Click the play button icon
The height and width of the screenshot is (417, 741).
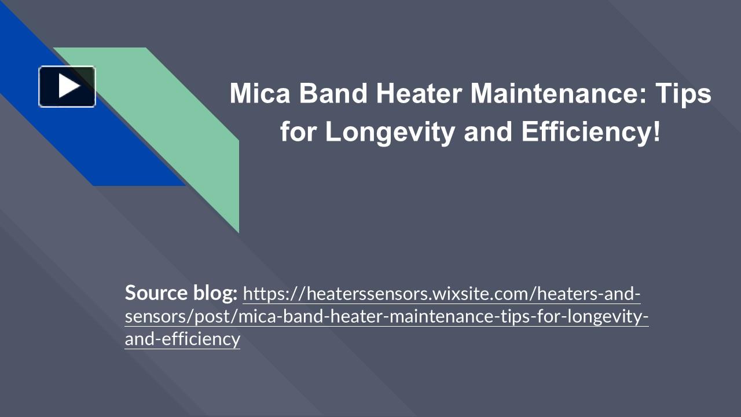[x=67, y=87]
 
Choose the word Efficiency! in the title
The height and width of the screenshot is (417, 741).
[x=590, y=132]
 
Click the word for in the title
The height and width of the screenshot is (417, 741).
[x=299, y=132]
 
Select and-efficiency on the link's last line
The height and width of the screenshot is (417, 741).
[x=182, y=339]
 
